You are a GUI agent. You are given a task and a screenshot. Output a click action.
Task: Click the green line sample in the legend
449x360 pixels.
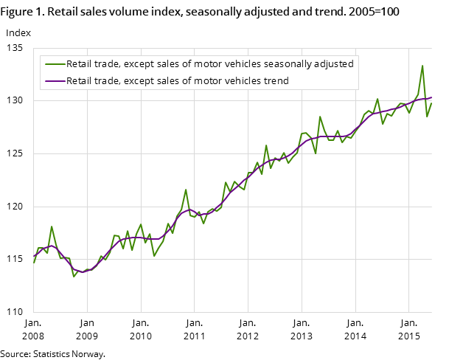click(x=55, y=64)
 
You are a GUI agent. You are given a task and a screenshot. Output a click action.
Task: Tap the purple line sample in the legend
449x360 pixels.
click(x=55, y=80)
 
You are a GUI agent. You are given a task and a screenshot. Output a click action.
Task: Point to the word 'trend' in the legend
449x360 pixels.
click(x=274, y=80)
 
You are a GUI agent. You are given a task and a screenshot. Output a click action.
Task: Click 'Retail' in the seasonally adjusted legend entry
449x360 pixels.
click(x=80, y=64)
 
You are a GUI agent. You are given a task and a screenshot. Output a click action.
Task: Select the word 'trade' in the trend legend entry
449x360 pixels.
click(x=108, y=80)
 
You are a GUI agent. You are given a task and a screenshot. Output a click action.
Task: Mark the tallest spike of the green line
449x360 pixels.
click(x=422, y=66)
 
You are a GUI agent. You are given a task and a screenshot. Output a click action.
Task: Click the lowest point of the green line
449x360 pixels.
click(x=74, y=277)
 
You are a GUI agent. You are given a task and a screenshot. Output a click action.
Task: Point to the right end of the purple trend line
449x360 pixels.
click(x=431, y=97)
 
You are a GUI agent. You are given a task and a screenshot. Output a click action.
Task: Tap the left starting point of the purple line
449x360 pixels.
click(x=34, y=256)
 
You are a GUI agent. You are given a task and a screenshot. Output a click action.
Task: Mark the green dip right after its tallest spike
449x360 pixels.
click(x=427, y=117)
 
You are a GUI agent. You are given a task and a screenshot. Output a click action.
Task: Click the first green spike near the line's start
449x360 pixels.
click(x=52, y=226)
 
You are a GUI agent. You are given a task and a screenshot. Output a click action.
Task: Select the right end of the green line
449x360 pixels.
click(x=431, y=102)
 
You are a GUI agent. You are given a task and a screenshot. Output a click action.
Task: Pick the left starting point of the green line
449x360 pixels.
click(x=34, y=263)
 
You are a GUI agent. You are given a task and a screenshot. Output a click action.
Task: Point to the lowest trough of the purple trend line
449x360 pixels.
click(x=83, y=271)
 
